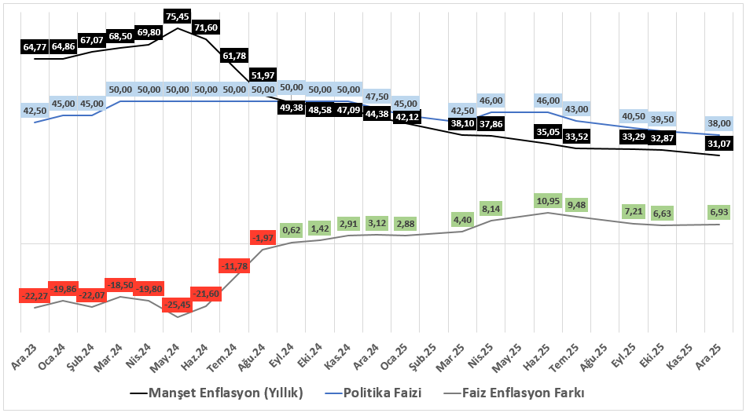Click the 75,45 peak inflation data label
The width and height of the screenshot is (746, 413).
coord(178,16)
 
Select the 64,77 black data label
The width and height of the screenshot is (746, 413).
coord(35,47)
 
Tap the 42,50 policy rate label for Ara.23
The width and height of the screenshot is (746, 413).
coord(35,111)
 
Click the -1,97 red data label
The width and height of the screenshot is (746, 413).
coord(263,238)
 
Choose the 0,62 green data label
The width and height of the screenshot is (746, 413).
coord(291,229)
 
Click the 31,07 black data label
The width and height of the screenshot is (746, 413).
coord(718,144)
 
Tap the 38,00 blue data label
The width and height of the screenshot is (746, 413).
coord(718,123)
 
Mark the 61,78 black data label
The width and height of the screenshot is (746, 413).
coord(234,56)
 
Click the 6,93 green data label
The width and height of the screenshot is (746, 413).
coord(718,212)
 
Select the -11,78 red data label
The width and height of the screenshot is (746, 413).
coord(234,267)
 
